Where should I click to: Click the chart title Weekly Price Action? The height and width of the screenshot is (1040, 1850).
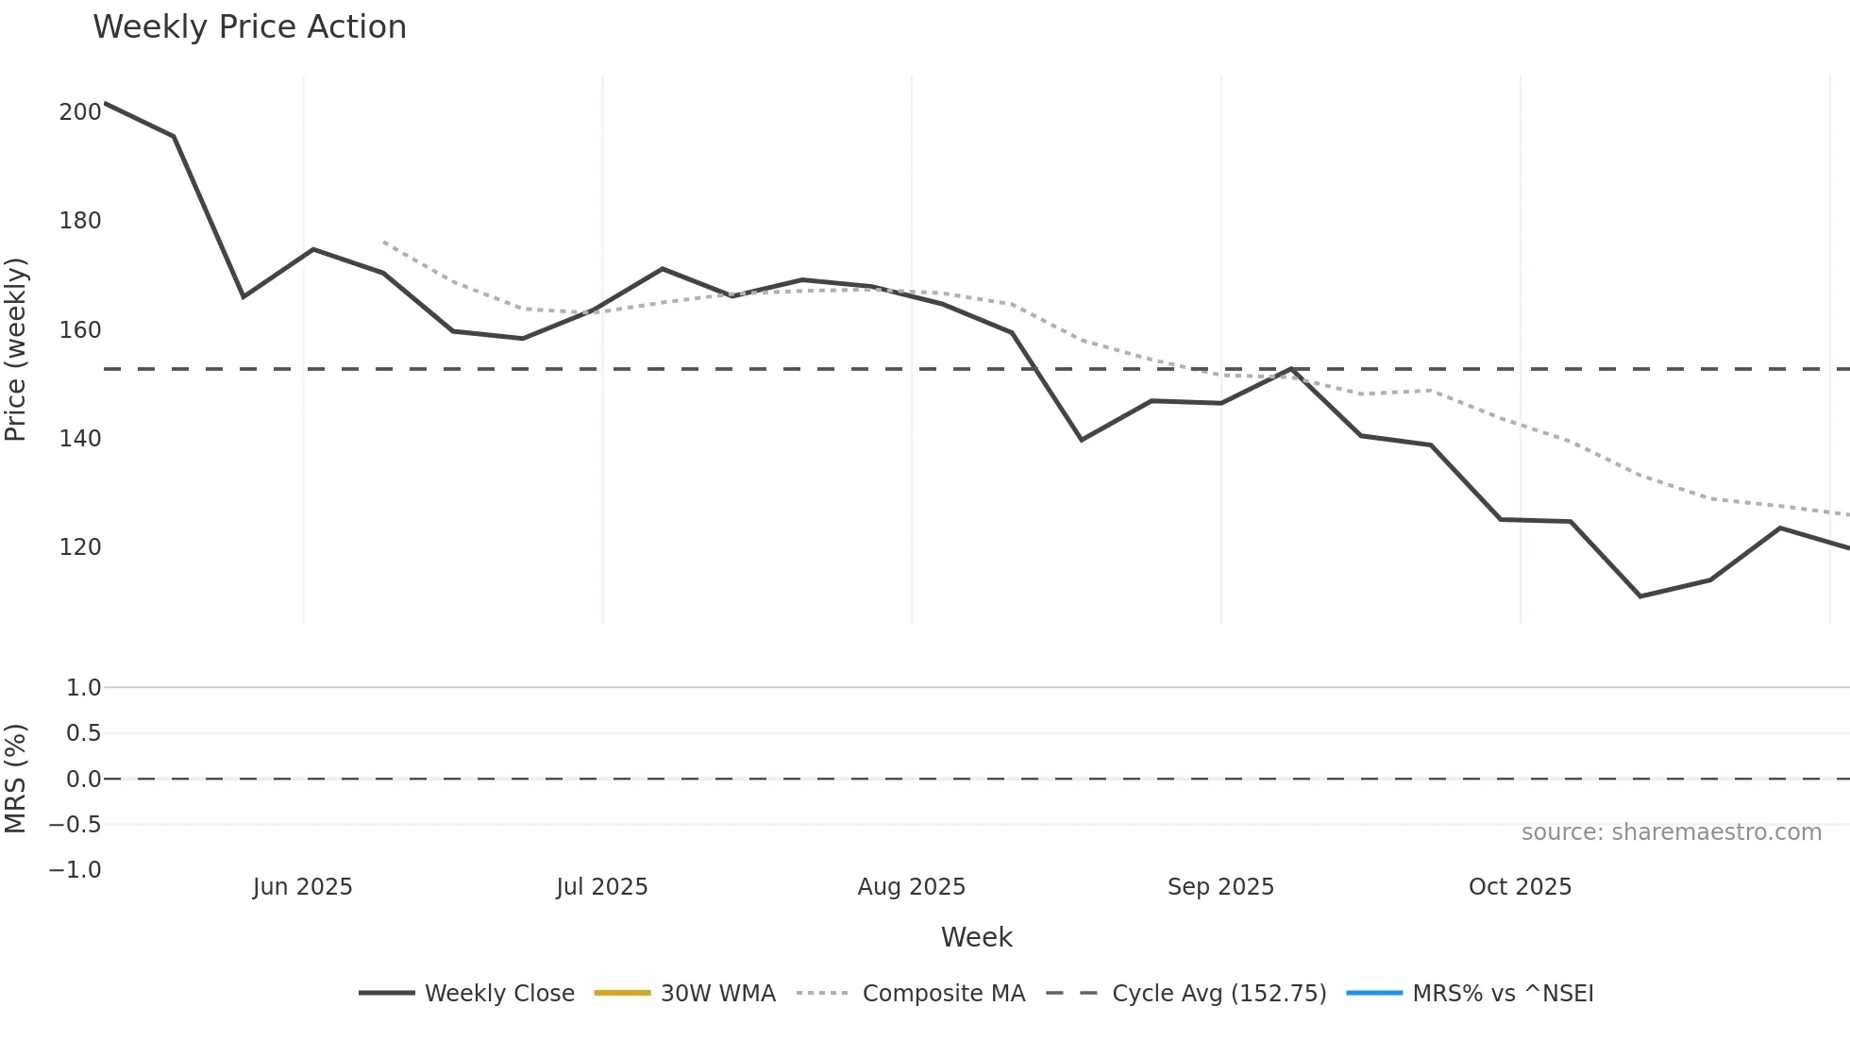pyautogui.click(x=249, y=27)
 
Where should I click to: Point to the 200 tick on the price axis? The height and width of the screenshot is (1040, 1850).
pyautogui.click(x=80, y=112)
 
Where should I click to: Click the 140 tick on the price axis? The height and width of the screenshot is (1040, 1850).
pyautogui.click(x=80, y=439)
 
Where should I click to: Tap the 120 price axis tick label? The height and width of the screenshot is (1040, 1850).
pyautogui.click(x=80, y=547)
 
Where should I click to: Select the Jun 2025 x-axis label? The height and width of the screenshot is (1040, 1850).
pyautogui.click(x=302, y=887)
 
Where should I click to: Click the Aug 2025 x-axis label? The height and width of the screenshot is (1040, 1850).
pyautogui.click(x=911, y=887)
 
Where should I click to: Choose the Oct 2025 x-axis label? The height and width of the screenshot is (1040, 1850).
pyautogui.click(x=1520, y=887)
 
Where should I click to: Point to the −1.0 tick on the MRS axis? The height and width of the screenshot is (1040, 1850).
pyautogui.click(x=76, y=870)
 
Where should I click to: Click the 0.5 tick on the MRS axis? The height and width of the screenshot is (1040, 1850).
pyautogui.click(x=83, y=733)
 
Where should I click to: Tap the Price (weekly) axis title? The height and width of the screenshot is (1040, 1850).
pyautogui.click(x=16, y=349)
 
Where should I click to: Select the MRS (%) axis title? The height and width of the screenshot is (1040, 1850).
pyautogui.click(x=16, y=779)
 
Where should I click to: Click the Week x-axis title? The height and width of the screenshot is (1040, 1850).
pyautogui.click(x=976, y=938)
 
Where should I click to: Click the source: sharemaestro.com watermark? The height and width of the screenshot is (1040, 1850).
pyautogui.click(x=1671, y=832)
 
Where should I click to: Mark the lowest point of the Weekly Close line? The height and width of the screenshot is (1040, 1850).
pyautogui.click(x=1640, y=596)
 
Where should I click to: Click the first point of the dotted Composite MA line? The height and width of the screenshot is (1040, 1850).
pyautogui.click(x=383, y=242)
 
